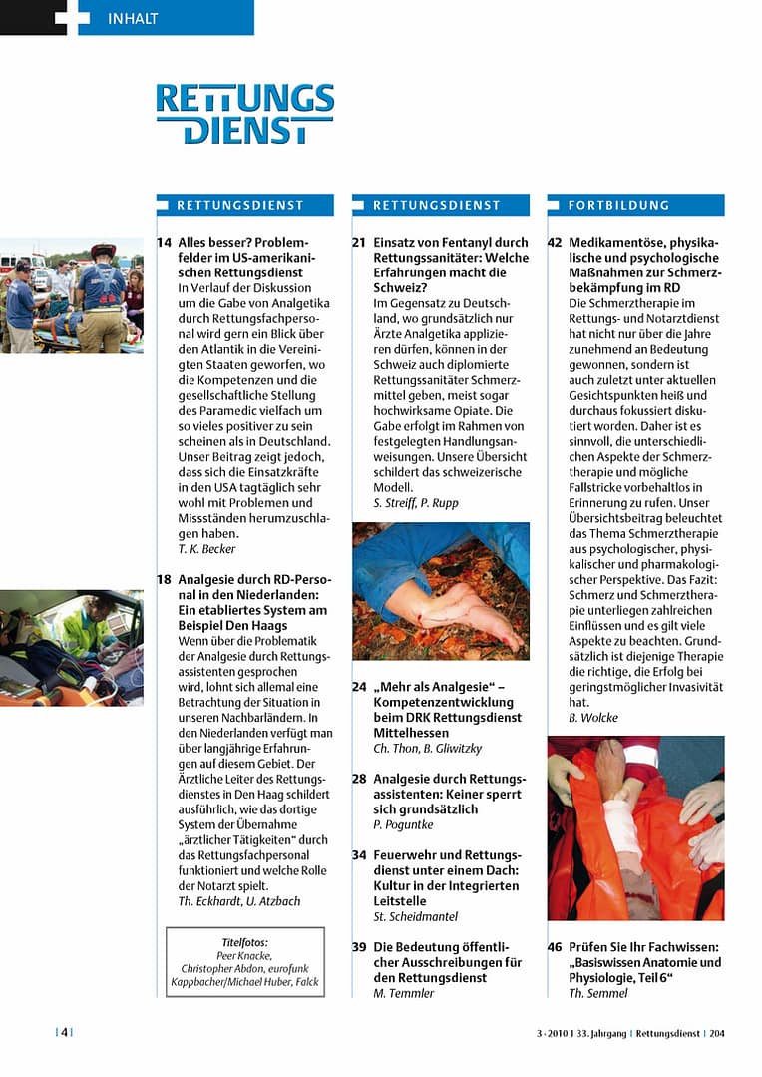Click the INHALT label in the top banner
click(132, 18)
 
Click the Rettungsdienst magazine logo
click(244, 114)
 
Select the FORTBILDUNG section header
click(618, 205)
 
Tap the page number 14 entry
click(164, 243)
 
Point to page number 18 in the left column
click(164, 580)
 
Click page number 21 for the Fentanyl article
click(359, 243)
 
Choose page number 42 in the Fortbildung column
click(556, 243)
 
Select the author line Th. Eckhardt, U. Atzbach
click(238, 901)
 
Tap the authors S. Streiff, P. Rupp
click(416, 503)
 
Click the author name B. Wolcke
click(595, 718)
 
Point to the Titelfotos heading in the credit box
click(244, 942)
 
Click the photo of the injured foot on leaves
click(441, 591)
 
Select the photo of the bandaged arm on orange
click(636, 827)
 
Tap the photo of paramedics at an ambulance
click(72, 296)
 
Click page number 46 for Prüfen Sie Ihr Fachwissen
click(556, 947)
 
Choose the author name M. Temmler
click(404, 993)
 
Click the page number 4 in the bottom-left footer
click(64, 1033)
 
